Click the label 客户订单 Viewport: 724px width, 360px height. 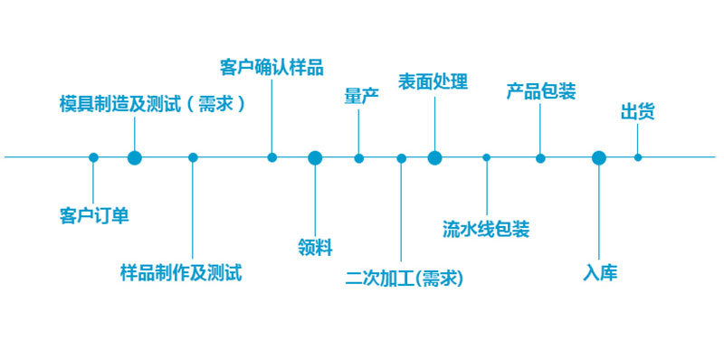point(94,215)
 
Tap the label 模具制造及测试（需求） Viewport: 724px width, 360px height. point(152,103)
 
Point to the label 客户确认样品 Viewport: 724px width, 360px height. point(271,67)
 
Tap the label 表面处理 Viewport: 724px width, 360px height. point(433,82)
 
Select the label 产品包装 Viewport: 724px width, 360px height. point(541,91)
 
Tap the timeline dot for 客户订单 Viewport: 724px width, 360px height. point(93,157)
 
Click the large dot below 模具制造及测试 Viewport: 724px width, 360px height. point(135,157)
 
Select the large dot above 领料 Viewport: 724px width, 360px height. point(315,157)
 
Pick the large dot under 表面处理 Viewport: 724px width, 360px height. point(434,157)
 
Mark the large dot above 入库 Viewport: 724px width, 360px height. point(598,157)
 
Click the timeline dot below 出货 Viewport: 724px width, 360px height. point(638,157)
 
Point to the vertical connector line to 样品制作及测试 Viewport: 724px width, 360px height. point(193,208)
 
